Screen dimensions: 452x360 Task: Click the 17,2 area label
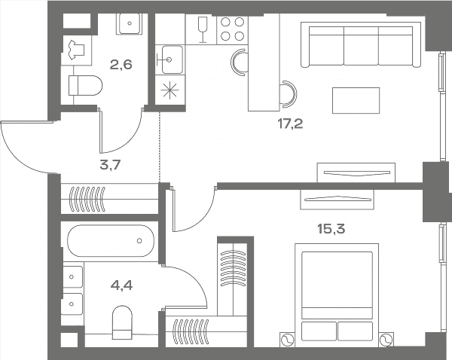290,124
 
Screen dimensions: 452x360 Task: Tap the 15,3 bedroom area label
331,229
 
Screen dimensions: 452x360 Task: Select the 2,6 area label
121,65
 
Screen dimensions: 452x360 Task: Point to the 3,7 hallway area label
110,165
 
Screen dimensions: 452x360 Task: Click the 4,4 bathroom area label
121,285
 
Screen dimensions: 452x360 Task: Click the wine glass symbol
203,29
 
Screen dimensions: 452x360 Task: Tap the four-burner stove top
232,29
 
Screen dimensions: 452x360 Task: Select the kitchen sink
172,59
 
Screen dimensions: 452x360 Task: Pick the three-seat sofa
361,44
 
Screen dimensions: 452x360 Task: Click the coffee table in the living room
356,101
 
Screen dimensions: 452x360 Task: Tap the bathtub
111,241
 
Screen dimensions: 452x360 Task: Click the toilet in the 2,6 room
86,85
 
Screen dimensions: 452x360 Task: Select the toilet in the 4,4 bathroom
122,322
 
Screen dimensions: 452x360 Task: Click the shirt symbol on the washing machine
76,50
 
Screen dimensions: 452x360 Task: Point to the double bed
337,294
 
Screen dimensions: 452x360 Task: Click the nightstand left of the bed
288,340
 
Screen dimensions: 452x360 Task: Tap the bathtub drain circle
139,240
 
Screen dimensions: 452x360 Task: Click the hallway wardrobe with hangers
109,199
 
